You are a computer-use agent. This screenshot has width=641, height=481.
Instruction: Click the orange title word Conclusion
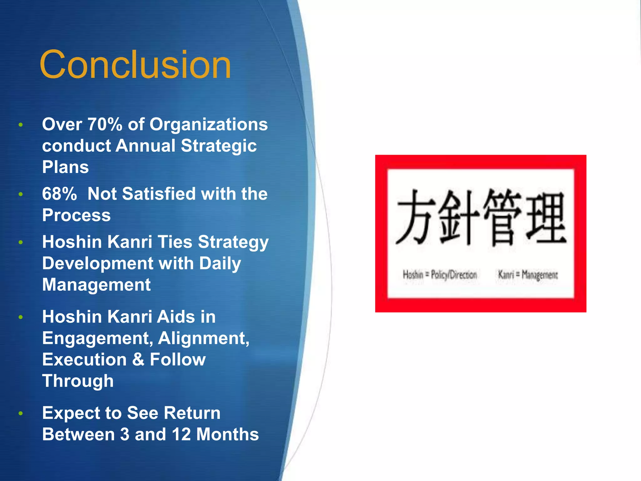coord(135,65)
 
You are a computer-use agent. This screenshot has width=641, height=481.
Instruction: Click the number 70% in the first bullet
coord(105,124)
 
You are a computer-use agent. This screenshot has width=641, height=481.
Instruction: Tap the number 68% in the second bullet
coord(59,194)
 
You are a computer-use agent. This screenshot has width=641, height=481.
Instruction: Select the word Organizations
coord(208,124)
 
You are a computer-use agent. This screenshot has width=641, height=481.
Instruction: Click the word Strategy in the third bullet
coord(233,242)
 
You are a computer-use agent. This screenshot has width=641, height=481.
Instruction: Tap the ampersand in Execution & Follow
coord(138,359)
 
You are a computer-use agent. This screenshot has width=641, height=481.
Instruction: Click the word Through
coord(78,381)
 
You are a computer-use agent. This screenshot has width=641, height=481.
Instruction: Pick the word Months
coord(228,434)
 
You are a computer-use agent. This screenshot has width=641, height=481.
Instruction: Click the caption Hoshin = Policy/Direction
coord(440,275)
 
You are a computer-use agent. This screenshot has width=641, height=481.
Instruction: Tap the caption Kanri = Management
coord(528,275)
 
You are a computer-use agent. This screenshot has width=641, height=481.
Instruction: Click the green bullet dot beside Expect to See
coord(21,413)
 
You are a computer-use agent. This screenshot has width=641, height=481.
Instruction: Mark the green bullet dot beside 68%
coord(21,194)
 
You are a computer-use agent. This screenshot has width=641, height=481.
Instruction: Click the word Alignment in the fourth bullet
coord(203,338)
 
